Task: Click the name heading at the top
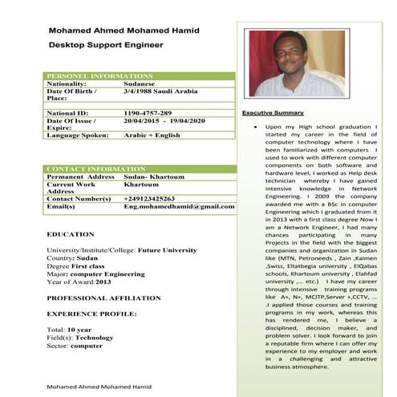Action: tap(124, 30)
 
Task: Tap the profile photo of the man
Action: tap(296, 64)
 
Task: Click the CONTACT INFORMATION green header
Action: tap(96, 169)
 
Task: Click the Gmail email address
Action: tap(179, 206)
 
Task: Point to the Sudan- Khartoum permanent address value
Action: tap(154, 176)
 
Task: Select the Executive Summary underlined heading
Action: tap(273, 113)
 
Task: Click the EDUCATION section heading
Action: tap(71, 234)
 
